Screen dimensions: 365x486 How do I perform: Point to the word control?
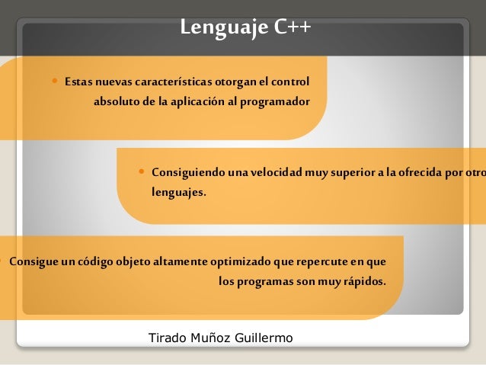point(290,81)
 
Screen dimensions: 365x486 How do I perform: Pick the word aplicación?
point(199,101)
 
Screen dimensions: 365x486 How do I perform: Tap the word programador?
point(274,101)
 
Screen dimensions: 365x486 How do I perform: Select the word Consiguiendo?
point(187,171)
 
